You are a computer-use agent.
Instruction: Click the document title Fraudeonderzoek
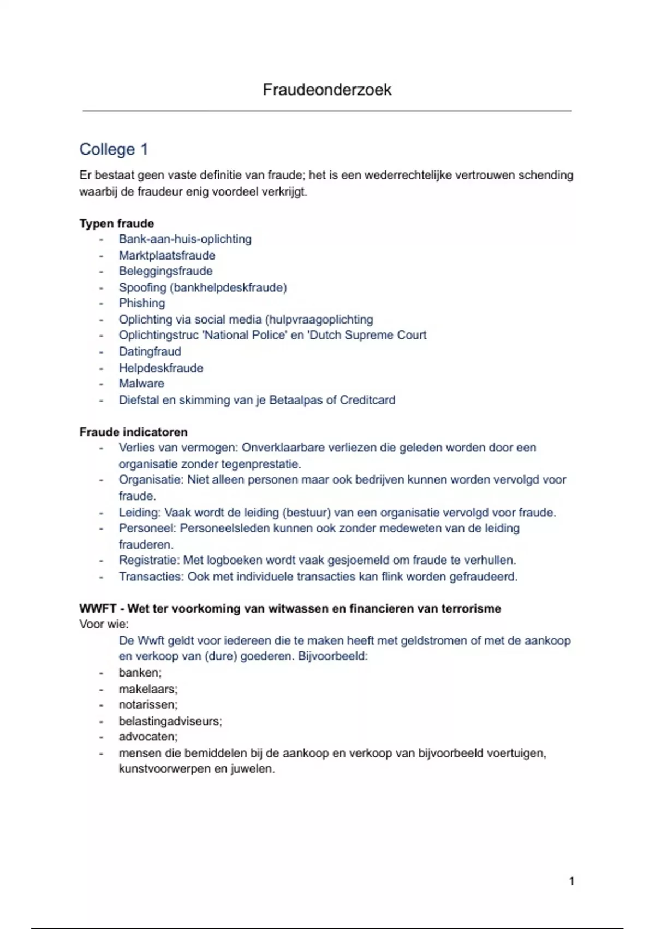[x=327, y=90]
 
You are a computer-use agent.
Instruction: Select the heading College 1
[x=114, y=149]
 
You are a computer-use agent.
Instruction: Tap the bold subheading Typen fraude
[x=116, y=224]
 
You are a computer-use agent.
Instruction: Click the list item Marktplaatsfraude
[x=167, y=255]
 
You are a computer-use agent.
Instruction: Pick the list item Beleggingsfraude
[x=165, y=271]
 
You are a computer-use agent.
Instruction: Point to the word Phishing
[x=142, y=303]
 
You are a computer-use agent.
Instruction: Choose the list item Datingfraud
[x=150, y=351]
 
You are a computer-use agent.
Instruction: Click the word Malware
[x=141, y=384]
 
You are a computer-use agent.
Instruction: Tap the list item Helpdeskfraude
[x=161, y=368]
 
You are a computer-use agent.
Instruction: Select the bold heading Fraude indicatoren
[x=133, y=432]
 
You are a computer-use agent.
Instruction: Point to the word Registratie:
[x=149, y=560]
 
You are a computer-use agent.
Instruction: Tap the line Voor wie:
[x=104, y=624]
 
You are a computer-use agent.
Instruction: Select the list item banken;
[x=140, y=673]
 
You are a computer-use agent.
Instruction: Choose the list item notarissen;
[x=148, y=705]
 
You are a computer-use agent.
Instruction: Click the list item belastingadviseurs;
[x=170, y=721]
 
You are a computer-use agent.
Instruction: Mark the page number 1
[x=571, y=881]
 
